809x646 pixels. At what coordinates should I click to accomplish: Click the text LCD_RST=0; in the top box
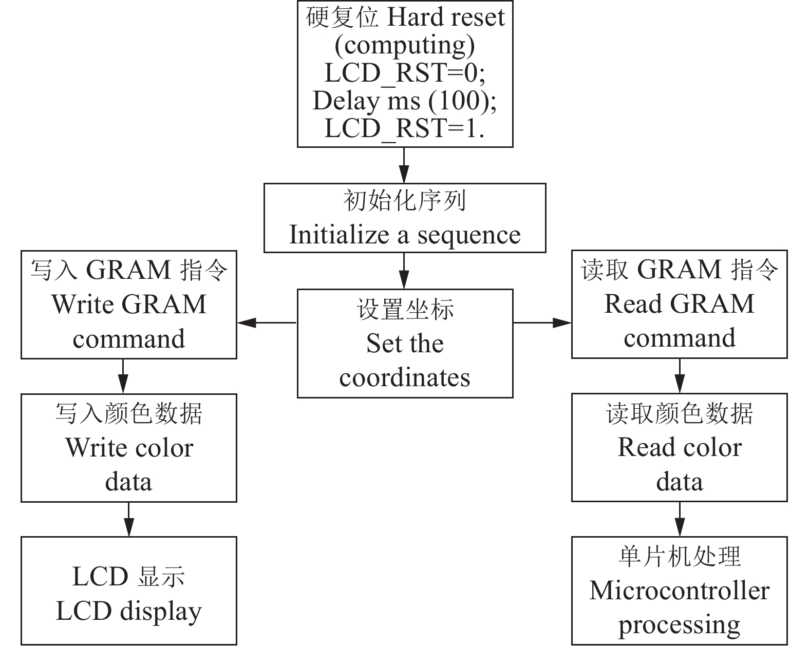point(405,73)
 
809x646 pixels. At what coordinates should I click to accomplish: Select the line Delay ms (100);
point(405,101)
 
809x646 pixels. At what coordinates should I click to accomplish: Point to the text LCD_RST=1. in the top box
point(405,128)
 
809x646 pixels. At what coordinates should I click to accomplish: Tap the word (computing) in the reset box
point(405,46)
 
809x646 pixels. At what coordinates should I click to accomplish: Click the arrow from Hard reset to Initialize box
point(404,165)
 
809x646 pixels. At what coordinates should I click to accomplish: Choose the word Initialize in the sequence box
point(339,235)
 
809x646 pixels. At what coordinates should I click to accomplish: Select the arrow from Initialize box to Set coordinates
point(404,271)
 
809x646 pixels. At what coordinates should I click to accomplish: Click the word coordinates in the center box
point(405,377)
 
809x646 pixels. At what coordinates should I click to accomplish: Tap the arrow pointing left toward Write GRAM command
point(266,322)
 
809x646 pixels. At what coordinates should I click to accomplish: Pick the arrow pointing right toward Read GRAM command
point(542,322)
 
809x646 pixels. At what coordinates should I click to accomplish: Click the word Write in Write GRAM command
point(84,304)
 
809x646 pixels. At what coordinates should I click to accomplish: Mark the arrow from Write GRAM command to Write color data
point(123,376)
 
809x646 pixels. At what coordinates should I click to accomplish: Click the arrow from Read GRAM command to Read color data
point(680,376)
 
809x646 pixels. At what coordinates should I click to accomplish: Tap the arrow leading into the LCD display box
point(128,519)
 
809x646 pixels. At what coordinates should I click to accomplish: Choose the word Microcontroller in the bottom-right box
point(679,591)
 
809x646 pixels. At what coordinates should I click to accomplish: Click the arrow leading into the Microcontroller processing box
point(680,519)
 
